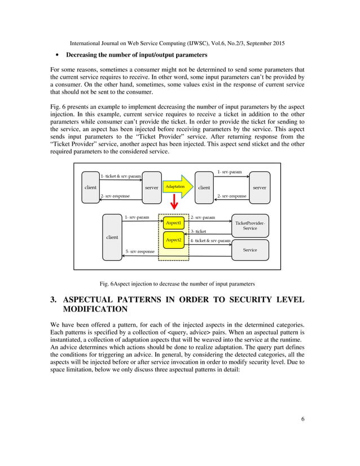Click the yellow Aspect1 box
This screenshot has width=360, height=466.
[x=173, y=223]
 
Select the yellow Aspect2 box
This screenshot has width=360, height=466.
[x=173, y=240]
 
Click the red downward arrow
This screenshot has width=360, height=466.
[x=174, y=202]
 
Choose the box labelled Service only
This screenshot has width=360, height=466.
[x=250, y=250]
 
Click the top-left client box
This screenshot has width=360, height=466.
[x=90, y=187]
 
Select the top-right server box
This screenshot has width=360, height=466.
[x=259, y=187]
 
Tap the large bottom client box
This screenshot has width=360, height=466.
[x=112, y=237]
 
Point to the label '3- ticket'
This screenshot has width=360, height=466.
[x=198, y=231]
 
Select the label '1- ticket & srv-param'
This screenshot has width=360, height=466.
[x=121, y=177]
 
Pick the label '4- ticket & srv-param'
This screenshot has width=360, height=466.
[x=210, y=241]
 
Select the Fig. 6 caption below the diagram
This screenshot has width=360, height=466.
[x=177, y=283]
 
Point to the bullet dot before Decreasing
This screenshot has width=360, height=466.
[x=58, y=55]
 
